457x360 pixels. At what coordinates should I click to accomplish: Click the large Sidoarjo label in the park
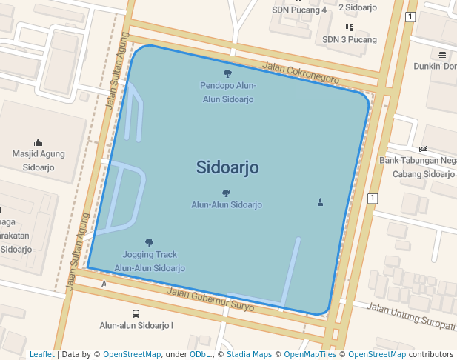(227, 167)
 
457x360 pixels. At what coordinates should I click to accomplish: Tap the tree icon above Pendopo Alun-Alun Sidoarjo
(227, 73)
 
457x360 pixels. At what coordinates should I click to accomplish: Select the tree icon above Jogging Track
(150, 242)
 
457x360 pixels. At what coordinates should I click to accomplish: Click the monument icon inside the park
(320, 201)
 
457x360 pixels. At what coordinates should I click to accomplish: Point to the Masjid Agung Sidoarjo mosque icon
(39, 142)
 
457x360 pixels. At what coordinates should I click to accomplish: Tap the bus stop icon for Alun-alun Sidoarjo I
(136, 313)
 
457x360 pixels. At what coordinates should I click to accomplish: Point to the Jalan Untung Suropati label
(410, 316)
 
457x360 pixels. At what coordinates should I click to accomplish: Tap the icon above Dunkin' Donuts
(442, 54)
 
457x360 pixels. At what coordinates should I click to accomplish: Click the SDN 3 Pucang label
(350, 39)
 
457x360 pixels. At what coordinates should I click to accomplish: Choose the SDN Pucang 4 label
(298, 10)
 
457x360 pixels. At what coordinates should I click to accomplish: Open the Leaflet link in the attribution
(42, 354)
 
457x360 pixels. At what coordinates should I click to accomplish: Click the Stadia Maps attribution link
(249, 354)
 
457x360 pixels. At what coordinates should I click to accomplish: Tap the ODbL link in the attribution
(200, 354)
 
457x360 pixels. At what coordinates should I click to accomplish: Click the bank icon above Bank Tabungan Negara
(423, 148)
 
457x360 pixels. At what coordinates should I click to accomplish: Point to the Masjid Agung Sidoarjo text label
(39, 161)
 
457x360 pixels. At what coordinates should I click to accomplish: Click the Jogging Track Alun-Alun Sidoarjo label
(150, 261)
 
